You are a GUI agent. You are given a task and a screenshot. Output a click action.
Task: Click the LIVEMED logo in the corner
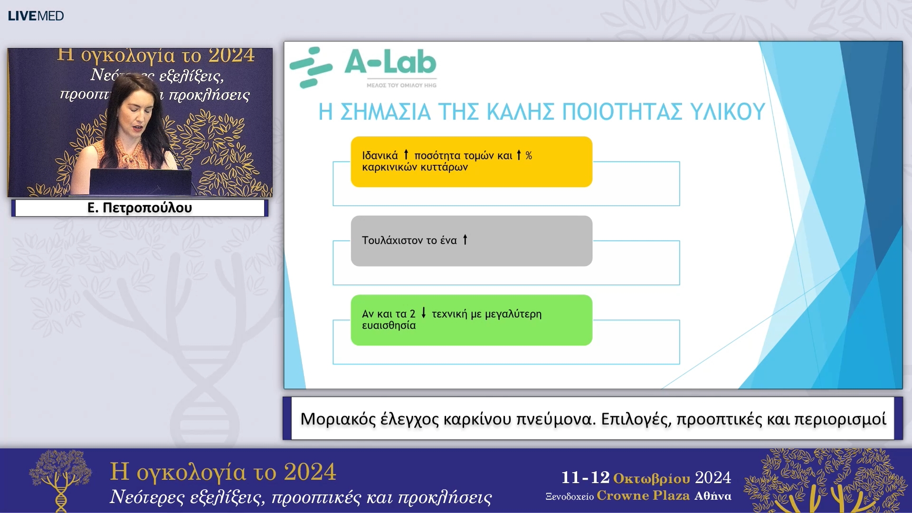click(x=36, y=16)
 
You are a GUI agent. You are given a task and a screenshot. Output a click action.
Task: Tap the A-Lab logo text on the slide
click(x=390, y=63)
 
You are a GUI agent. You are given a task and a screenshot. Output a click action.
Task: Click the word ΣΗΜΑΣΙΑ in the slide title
click(x=385, y=112)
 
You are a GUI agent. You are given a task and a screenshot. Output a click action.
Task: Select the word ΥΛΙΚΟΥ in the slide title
click(x=727, y=112)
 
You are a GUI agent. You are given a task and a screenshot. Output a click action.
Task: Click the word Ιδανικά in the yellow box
click(x=380, y=156)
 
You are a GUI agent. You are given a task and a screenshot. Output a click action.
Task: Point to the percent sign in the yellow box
click(x=529, y=155)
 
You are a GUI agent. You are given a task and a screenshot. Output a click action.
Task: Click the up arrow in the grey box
click(x=465, y=239)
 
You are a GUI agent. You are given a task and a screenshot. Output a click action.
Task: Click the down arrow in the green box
click(x=424, y=313)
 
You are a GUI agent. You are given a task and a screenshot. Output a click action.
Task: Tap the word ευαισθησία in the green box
click(x=389, y=325)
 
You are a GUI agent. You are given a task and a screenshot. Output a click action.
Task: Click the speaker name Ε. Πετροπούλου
click(x=140, y=208)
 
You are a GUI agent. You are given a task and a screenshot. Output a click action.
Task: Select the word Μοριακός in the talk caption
click(x=338, y=419)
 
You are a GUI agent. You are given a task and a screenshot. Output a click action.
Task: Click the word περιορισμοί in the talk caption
click(x=840, y=419)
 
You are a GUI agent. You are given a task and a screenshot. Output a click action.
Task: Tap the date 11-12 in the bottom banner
click(x=585, y=477)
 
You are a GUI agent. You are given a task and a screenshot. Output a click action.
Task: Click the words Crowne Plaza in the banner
click(x=643, y=495)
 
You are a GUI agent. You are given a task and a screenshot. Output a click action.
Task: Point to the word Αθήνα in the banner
click(x=712, y=496)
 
